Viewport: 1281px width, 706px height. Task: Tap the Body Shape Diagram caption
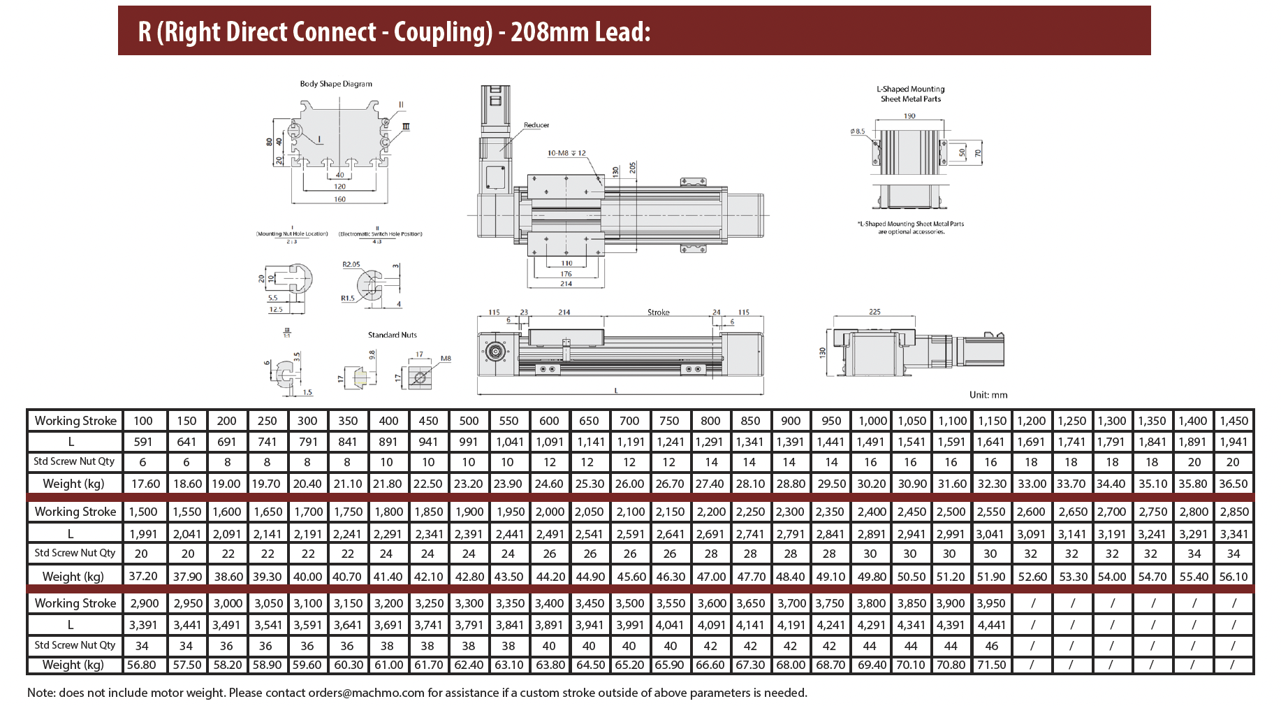coord(336,84)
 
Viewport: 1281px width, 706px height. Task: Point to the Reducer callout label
coord(536,125)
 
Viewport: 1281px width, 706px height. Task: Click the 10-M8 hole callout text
coord(566,153)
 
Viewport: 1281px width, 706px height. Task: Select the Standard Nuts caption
coord(393,335)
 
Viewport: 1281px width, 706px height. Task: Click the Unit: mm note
coord(988,395)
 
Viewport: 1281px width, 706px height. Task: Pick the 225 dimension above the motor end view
coord(874,312)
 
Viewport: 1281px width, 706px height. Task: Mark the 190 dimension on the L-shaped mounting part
coord(909,116)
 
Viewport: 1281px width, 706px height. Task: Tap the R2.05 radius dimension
coord(351,264)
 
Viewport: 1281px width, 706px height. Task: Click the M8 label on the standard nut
coord(446,359)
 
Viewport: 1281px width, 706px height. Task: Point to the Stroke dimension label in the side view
coord(658,312)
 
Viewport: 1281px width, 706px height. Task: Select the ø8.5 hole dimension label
coord(858,131)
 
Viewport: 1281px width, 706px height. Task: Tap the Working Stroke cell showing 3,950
coord(991,603)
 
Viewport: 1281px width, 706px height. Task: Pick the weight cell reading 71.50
coord(991,665)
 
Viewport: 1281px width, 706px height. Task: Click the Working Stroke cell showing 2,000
coord(550,512)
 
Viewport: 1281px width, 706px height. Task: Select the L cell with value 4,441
coord(991,625)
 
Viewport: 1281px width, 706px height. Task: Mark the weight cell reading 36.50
coord(1233,484)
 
